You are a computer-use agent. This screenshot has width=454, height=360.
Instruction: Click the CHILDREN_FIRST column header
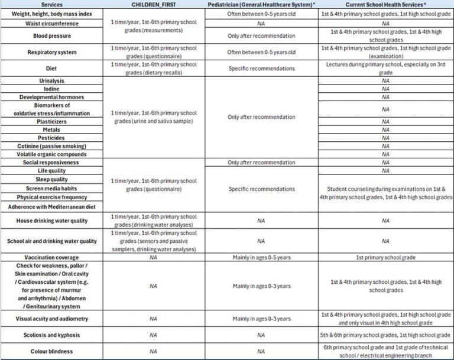(x=154, y=4)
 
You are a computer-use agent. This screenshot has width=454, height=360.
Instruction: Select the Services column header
(x=51, y=4)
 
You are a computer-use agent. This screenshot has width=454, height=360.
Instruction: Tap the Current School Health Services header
(x=386, y=4)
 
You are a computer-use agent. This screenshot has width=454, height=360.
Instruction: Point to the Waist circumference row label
(x=51, y=23)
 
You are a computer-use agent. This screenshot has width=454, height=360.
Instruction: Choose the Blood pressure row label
(x=51, y=35)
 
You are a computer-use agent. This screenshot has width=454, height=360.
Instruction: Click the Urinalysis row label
(x=51, y=80)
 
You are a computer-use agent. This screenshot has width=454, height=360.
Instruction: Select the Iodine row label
(x=51, y=89)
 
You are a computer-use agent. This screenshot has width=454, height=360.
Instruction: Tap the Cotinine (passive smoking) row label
(x=51, y=145)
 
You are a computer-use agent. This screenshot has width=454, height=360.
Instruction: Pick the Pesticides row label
(x=51, y=137)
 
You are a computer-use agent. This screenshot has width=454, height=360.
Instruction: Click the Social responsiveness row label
(x=51, y=162)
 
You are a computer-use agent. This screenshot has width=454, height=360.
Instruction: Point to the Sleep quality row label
(x=51, y=179)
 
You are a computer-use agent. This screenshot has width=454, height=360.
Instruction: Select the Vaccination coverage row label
(x=51, y=258)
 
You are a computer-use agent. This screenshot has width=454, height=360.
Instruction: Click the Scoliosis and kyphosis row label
(x=51, y=335)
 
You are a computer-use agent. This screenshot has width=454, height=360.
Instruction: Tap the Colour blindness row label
(x=51, y=351)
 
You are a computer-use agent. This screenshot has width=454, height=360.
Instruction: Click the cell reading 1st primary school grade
(x=386, y=258)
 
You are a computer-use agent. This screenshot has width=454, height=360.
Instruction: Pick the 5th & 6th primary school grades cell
(x=386, y=335)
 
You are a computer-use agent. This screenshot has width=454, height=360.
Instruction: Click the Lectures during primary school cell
(x=386, y=68)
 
